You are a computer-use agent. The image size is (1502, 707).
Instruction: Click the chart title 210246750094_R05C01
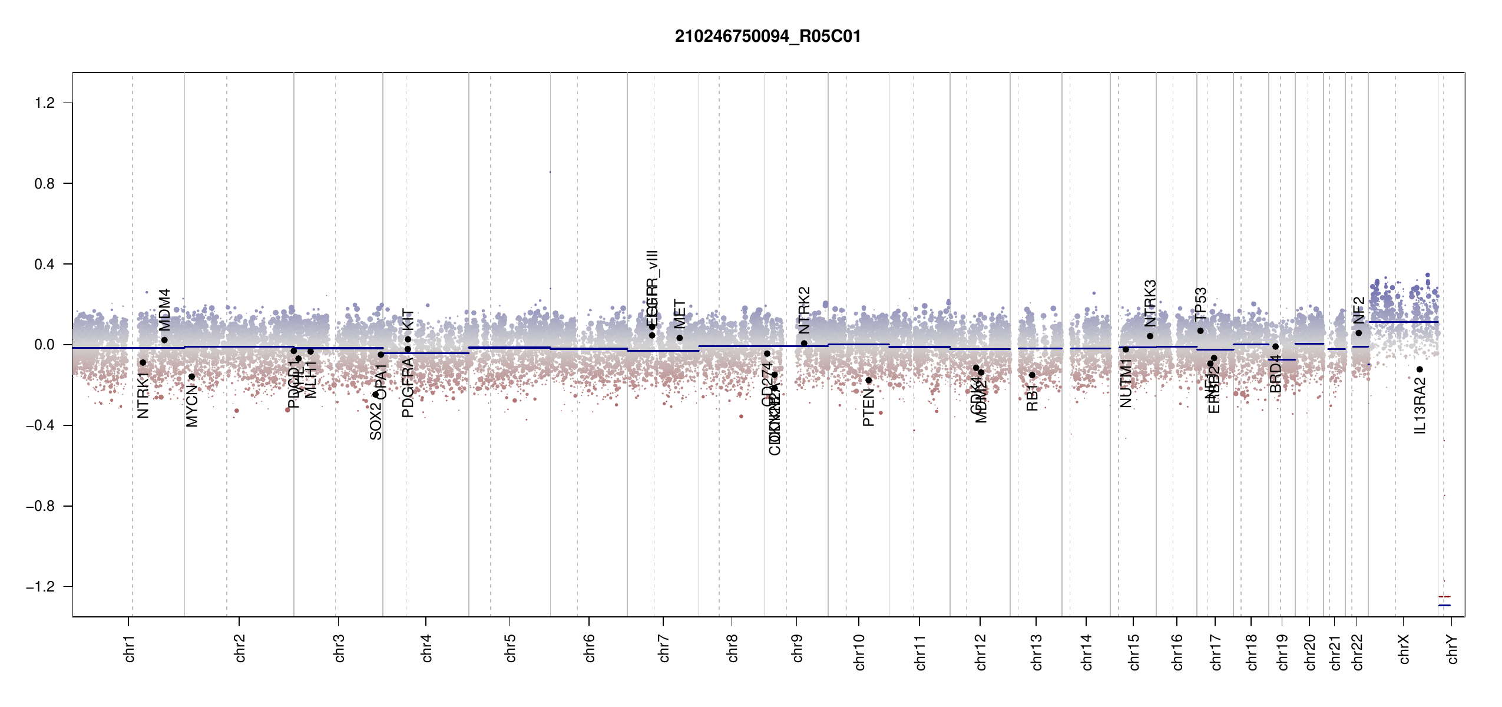[767, 37]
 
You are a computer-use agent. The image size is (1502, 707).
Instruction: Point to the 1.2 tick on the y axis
[44, 103]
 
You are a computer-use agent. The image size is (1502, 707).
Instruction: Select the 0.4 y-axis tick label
[44, 265]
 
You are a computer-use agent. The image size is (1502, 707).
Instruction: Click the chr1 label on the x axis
[130, 648]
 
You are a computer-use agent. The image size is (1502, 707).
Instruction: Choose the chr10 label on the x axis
[859, 652]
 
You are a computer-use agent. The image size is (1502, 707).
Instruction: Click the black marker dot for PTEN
[868, 381]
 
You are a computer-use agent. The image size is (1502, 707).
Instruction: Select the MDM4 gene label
[164, 310]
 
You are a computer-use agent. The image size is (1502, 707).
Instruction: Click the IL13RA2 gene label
[1420, 406]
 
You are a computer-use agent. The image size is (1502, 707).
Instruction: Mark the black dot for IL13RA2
[1420, 369]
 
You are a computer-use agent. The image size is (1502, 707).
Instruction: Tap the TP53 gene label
[1200, 304]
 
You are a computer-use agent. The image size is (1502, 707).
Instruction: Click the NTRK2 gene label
[804, 310]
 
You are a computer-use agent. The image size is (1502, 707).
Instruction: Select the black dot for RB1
[1032, 375]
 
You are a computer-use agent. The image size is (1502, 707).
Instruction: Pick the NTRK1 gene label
[143, 395]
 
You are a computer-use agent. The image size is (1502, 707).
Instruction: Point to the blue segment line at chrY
[1444, 605]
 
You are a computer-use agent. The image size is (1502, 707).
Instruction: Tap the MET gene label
[680, 314]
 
